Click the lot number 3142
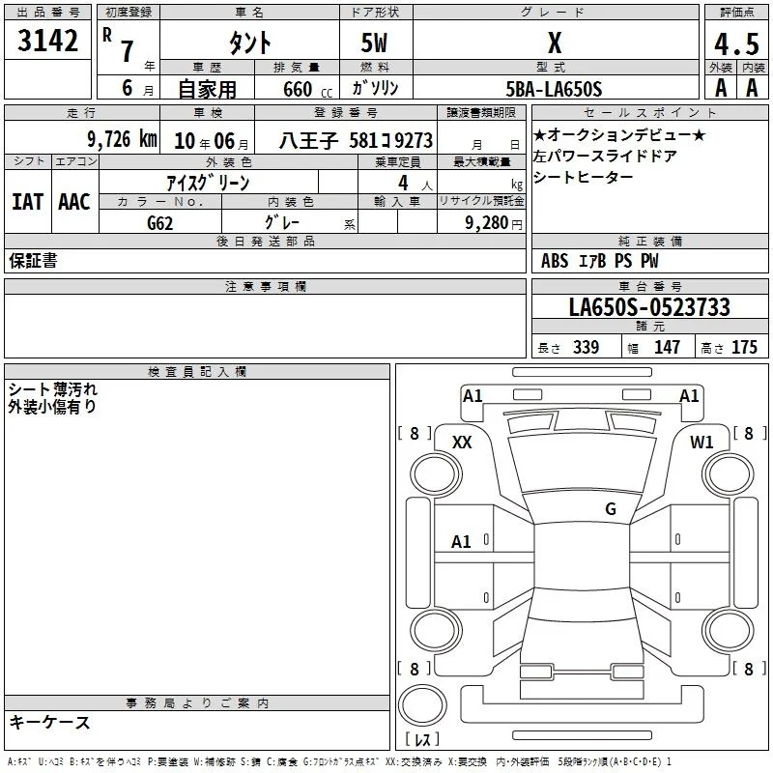(47, 41)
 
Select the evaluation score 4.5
(736, 44)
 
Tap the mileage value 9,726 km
(123, 139)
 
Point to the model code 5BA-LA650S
(554, 89)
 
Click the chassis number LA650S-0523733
(649, 307)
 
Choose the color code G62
(160, 223)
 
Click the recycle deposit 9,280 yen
(494, 223)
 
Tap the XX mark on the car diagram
(462, 443)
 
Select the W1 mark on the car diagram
(701, 443)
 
